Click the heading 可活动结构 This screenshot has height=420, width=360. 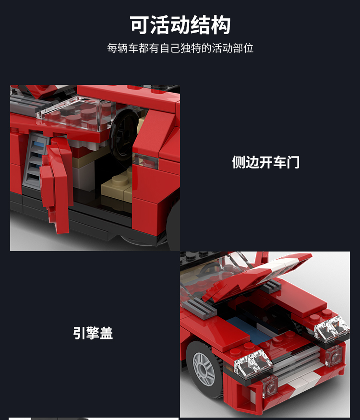point(180,25)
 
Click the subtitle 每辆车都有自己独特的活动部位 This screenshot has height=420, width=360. point(180,48)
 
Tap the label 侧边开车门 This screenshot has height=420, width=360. point(266,162)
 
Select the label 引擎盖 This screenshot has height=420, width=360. point(93,333)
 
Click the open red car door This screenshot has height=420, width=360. point(57,182)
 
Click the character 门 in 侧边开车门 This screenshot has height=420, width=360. point(293,162)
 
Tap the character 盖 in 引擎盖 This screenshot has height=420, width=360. point(107,333)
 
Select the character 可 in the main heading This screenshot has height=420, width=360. point(140,25)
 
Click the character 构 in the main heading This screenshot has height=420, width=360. point(221,25)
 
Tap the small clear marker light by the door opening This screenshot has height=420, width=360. point(146,161)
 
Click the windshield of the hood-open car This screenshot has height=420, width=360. point(212,276)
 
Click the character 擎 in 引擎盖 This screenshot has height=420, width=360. point(93,333)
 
